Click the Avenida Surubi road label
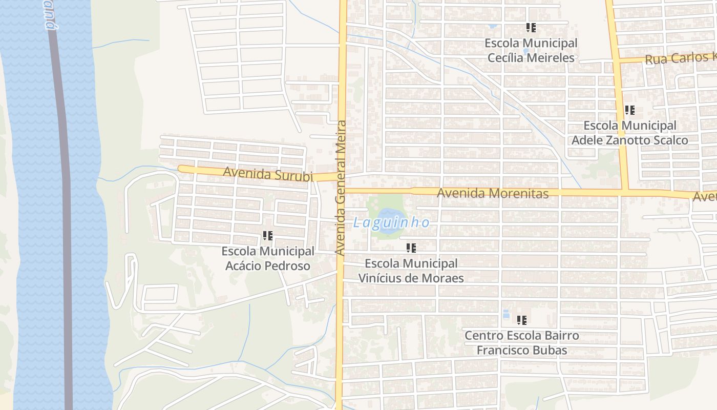[x=267, y=174]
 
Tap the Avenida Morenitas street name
[x=493, y=193]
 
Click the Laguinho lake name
[x=391, y=222]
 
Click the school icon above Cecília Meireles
[x=531, y=28]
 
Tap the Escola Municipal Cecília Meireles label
[x=531, y=50]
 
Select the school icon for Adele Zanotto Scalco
[x=629, y=110]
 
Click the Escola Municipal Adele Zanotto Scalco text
[x=629, y=133]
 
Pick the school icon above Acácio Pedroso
[x=267, y=236]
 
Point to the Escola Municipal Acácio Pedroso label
[x=267, y=258]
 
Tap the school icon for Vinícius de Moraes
[x=411, y=248]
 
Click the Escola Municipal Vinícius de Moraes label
[x=411, y=271]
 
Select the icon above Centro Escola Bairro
[x=522, y=320]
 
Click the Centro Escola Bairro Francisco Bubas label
[x=522, y=343]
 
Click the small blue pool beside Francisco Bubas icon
[x=506, y=314]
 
